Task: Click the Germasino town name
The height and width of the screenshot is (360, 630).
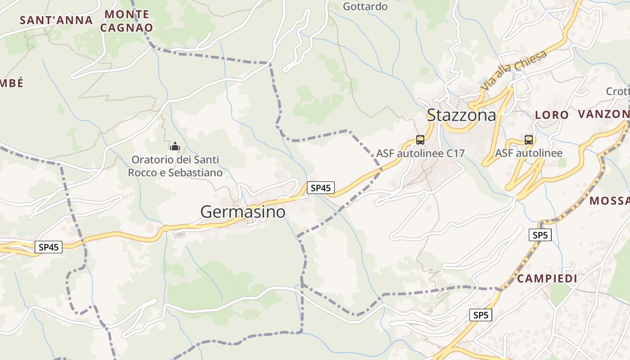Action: click(x=243, y=211)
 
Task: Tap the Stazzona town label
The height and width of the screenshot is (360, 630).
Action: click(x=461, y=115)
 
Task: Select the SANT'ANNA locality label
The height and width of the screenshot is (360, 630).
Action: click(x=56, y=20)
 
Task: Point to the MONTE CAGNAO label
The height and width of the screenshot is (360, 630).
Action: click(x=127, y=21)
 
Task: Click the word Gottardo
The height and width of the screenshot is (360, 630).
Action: click(x=365, y=6)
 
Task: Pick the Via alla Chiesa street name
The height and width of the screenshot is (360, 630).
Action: click(x=514, y=70)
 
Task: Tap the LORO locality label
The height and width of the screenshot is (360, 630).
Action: click(x=552, y=115)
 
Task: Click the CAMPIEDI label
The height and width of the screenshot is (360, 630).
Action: click(x=547, y=279)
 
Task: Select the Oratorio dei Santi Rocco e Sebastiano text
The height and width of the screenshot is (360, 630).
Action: click(x=175, y=166)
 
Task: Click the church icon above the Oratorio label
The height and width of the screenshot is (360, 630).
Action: click(x=175, y=146)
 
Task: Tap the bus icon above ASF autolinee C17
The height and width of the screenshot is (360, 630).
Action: click(x=420, y=139)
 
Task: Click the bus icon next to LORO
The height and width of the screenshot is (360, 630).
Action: click(x=529, y=139)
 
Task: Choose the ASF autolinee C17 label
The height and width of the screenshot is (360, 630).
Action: click(x=420, y=153)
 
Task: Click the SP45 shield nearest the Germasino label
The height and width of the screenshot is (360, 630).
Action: click(x=321, y=188)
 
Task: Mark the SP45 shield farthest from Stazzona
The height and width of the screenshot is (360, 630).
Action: click(x=49, y=247)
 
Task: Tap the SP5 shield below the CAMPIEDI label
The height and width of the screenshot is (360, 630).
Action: click(x=481, y=315)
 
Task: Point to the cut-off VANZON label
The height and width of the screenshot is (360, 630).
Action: click(x=603, y=114)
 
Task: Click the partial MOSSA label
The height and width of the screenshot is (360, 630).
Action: click(x=609, y=201)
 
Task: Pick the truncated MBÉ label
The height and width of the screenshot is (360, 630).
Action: click(x=12, y=83)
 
